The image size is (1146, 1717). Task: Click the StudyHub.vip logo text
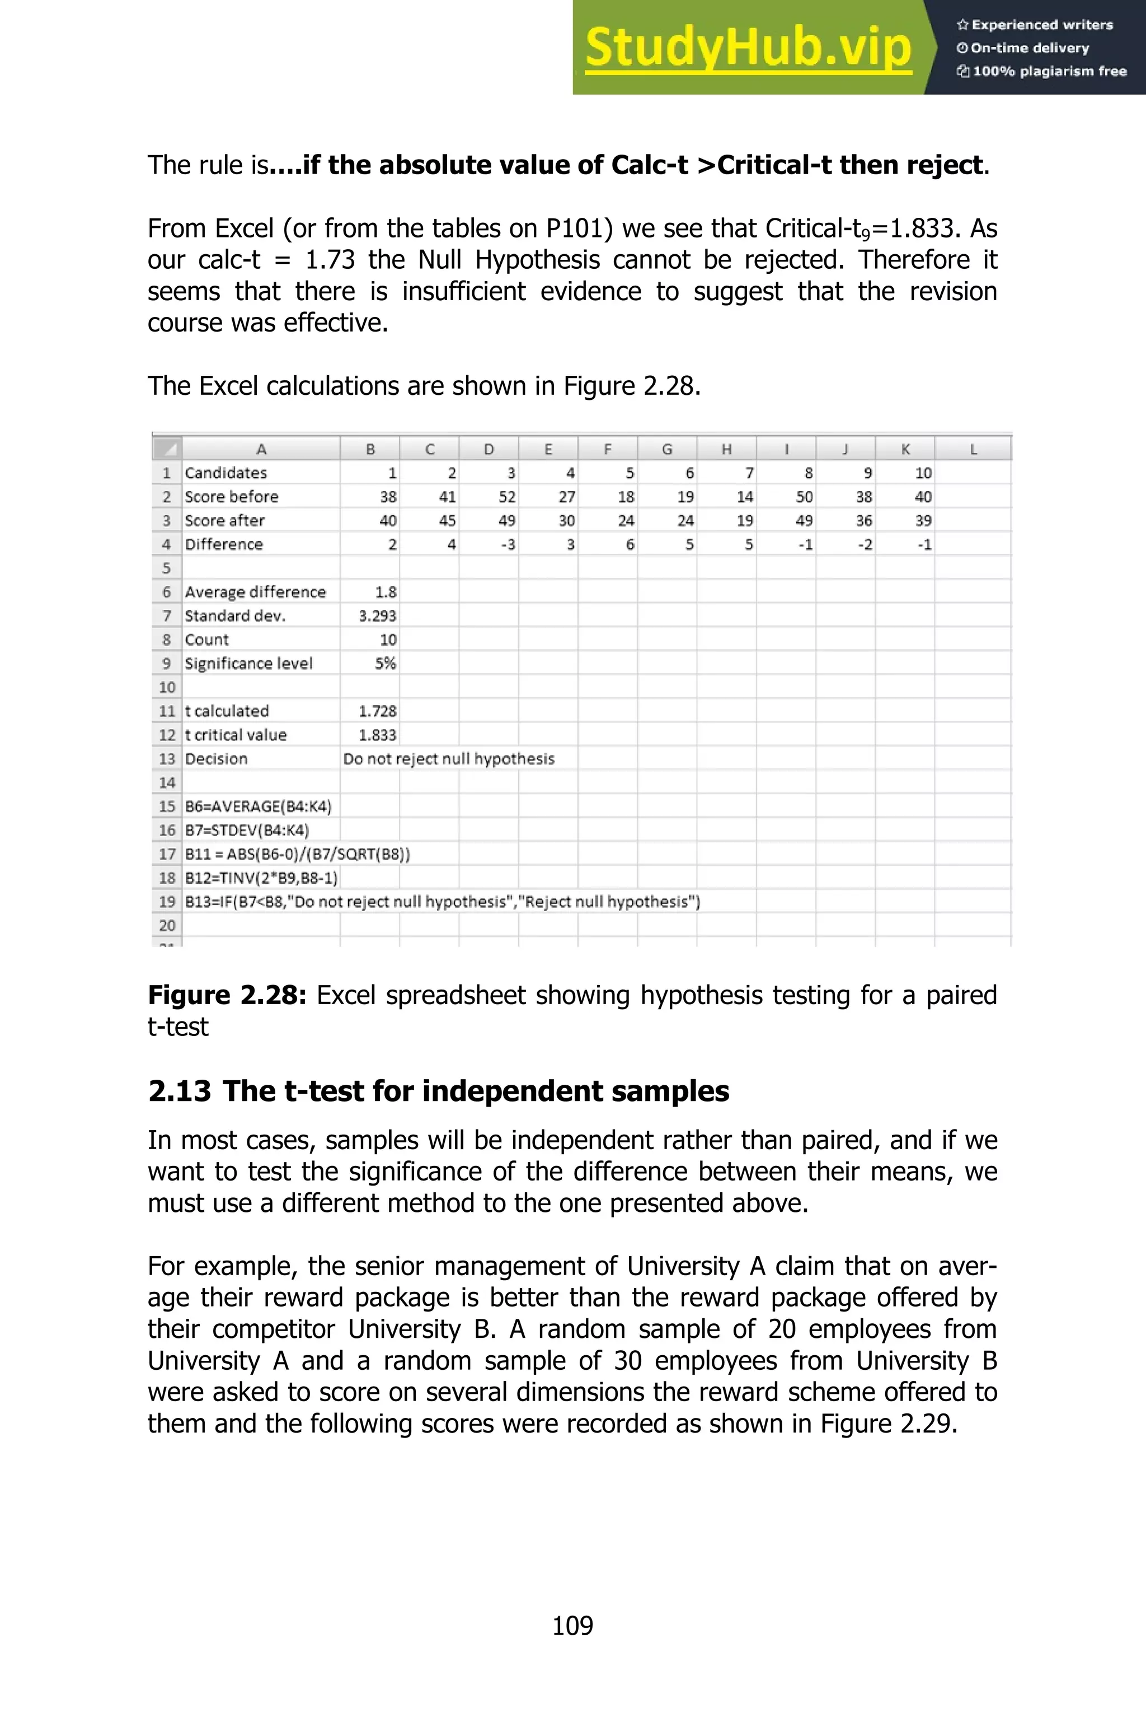click(x=748, y=48)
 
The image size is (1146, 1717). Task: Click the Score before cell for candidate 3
click(x=506, y=497)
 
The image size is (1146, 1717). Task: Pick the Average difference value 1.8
click(x=385, y=591)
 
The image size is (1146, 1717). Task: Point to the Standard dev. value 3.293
click(x=377, y=615)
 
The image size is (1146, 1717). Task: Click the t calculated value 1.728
click(x=377, y=711)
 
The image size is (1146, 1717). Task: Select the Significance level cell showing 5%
click(x=385, y=663)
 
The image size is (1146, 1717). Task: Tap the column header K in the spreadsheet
click(x=905, y=449)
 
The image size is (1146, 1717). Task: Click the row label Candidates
click(x=226, y=473)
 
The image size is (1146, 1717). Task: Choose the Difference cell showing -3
click(x=507, y=544)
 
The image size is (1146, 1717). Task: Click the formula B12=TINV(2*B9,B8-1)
click(x=261, y=878)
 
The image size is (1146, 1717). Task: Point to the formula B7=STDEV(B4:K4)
click(x=247, y=830)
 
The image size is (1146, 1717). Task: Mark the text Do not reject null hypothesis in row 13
click(x=449, y=758)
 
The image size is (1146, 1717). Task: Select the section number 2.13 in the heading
click(x=179, y=1091)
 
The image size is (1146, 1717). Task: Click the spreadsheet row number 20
click(x=167, y=925)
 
